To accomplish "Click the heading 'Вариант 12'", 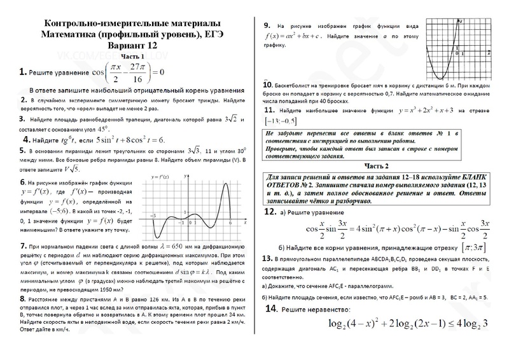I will (133, 45).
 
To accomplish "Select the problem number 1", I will (22, 72).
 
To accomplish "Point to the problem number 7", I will (23, 246).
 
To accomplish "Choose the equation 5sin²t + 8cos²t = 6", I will (129, 139).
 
